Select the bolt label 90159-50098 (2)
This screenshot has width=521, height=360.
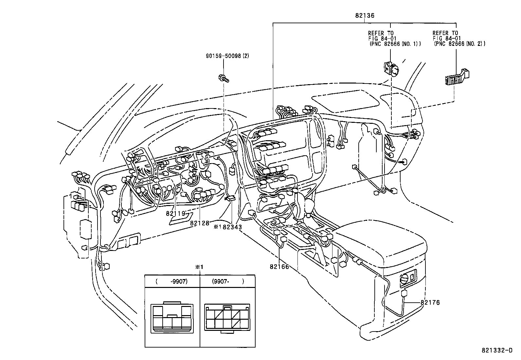tap(227, 56)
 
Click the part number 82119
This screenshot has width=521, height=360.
tap(176, 213)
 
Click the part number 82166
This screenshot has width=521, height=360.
tap(279, 267)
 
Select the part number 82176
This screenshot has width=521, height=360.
tap(430, 302)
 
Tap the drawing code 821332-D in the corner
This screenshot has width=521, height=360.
tap(496, 351)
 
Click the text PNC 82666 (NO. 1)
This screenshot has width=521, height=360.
tap(395, 43)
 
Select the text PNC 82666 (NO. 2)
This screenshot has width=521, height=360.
tap(460, 43)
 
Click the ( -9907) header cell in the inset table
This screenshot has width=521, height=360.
tap(172, 281)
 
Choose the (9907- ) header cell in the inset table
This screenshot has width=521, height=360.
tap(228, 281)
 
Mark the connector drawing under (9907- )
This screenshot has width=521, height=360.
tap(227, 318)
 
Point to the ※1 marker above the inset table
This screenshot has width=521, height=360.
tap(199, 267)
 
